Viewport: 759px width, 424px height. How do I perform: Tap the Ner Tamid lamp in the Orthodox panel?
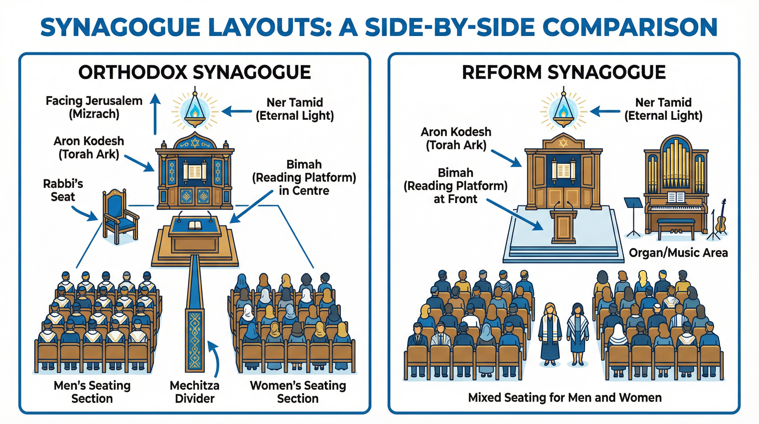tap(195, 112)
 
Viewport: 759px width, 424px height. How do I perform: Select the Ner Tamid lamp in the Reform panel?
tap(563, 112)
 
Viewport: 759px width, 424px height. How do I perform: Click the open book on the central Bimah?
tap(195, 225)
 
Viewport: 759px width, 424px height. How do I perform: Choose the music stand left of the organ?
tap(634, 217)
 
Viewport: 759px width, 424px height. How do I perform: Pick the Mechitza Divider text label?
tap(194, 392)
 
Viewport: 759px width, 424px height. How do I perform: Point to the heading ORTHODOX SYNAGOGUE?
tap(194, 73)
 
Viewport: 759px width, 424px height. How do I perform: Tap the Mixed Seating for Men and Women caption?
tap(565, 397)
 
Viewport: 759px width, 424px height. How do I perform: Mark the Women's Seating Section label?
tap(298, 392)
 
